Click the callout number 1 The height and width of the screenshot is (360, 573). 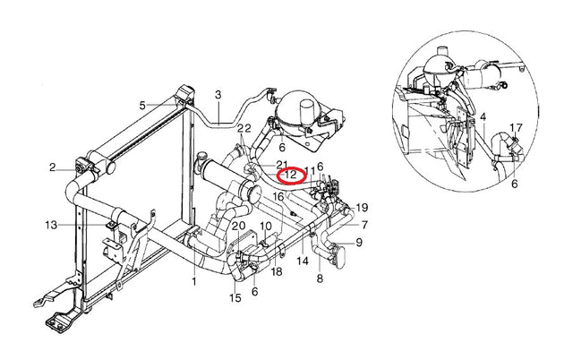pyautogui.click(x=194, y=281)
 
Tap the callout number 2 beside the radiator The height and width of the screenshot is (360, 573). pyautogui.click(x=53, y=167)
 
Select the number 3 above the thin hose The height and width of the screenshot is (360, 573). pyautogui.click(x=218, y=95)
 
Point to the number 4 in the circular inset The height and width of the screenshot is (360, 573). pyautogui.click(x=483, y=117)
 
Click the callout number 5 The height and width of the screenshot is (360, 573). pyautogui.click(x=142, y=106)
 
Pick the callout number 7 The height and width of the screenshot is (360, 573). pyautogui.click(x=364, y=225)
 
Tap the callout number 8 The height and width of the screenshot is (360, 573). pyautogui.click(x=320, y=279)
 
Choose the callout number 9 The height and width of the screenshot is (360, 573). pyautogui.click(x=359, y=242)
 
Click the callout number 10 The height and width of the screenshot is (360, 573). pyautogui.click(x=266, y=226)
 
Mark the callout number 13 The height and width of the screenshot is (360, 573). pyautogui.click(x=51, y=225)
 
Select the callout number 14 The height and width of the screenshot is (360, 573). pyautogui.click(x=303, y=261)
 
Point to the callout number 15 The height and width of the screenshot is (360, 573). pyautogui.click(x=235, y=298)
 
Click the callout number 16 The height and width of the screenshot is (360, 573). pyautogui.click(x=278, y=197)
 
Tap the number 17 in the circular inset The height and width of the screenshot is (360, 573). pyautogui.click(x=516, y=128)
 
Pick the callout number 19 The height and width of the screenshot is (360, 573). pyautogui.click(x=362, y=208)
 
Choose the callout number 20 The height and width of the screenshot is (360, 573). pyautogui.click(x=239, y=226)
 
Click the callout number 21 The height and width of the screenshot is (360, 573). pyautogui.click(x=282, y=164)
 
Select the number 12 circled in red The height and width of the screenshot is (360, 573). pyautogui.click(x=291, y=175)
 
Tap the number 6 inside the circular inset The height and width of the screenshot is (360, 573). pyautogui.click(x=515, y=184)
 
